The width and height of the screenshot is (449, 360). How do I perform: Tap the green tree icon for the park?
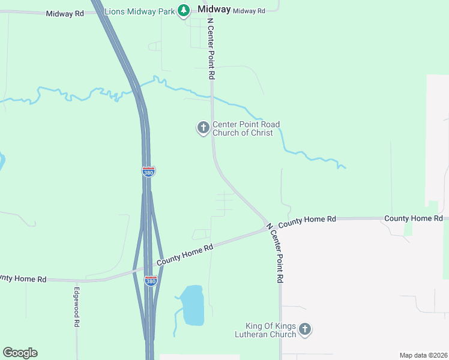(x=184, y=11)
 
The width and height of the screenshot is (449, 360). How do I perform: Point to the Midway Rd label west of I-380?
(x=65, y=13)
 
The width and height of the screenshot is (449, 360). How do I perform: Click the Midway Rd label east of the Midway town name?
(x=249, y=11)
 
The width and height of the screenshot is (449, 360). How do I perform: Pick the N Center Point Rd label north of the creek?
(x=211, y=49)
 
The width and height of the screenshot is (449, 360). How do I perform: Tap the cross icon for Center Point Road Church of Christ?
(x=203, y=127)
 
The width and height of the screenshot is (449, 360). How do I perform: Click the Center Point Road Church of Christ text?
(x=246, y=128)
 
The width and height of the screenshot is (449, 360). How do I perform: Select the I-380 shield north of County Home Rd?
(x=148, y=172)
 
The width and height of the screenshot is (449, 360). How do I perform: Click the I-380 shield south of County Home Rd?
(x=151, y=280)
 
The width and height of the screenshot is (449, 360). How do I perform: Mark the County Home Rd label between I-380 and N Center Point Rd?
(x=185, y=254)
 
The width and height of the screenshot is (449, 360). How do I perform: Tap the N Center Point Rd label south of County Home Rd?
(x=275, y=253)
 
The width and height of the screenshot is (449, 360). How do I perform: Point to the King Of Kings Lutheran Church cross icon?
(x=305, y=329)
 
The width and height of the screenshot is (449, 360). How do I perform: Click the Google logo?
(x=20, y=353)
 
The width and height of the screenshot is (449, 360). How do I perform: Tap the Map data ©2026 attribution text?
(x=423, y=355)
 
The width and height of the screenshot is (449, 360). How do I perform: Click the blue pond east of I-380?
(x=192, y=305)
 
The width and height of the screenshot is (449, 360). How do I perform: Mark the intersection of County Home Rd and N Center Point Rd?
(x=268, y=227)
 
